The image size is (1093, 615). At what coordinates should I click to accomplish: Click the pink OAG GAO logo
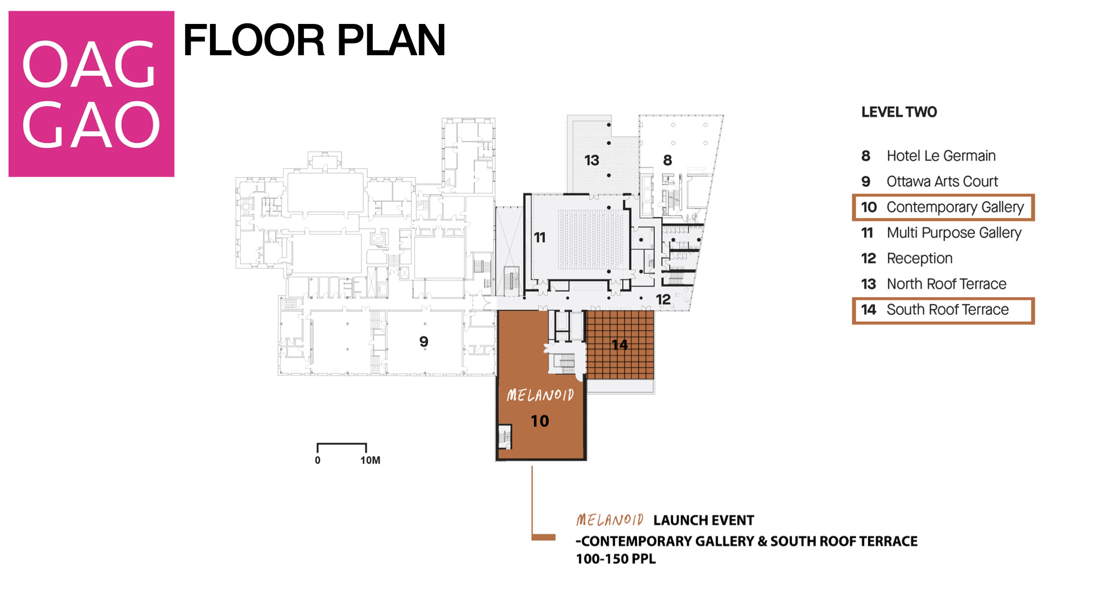pyautogui.click(x=91, y=94)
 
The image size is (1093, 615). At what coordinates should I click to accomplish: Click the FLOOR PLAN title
pyautogui.click(x=314, y=40)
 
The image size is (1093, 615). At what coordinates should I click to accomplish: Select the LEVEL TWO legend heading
pyautogui.click(x=899, y=112)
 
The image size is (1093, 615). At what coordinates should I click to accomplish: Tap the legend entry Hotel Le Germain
pyautogui.click(x=928, y=156)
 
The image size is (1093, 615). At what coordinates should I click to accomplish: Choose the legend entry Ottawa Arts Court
pyautogui.click(x=930, y=182)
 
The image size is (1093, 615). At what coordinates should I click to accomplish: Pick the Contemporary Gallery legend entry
pyautogui.click(x=943, y=207)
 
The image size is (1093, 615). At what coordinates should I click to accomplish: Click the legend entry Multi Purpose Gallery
pyautogui.click(x=942, y=233)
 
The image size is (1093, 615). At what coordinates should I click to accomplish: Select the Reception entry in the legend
pyautogui.click(x=907, y=259)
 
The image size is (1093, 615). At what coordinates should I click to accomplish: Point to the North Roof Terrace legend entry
pyautogui.click(x=934, y=284)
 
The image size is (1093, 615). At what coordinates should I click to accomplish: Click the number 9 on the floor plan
pyautogui.click(x=424, y=342)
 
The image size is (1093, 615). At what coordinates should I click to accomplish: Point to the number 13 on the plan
pyautogui.click(x=591, y=161)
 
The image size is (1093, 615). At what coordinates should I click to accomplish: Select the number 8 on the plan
pyautogui.click(x=668, y=161)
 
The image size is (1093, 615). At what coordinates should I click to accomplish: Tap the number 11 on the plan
pyautogui.click(x=540, y=237)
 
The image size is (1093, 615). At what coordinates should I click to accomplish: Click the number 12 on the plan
pyautogui.click(x=663, y=300)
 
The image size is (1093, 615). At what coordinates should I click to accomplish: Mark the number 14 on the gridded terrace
pyautogui.click(x=619, y=345)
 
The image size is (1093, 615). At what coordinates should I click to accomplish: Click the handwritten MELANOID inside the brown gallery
pyautogui.click(x=540, y=395)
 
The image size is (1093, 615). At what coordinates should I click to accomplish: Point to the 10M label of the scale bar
pyautogui.click(x=370, y=460)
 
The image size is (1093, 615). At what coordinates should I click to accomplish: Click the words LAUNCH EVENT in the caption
pyautogui.click(x=704, y=520)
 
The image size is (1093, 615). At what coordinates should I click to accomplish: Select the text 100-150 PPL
pyautogui.click(x=616, y=559)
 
